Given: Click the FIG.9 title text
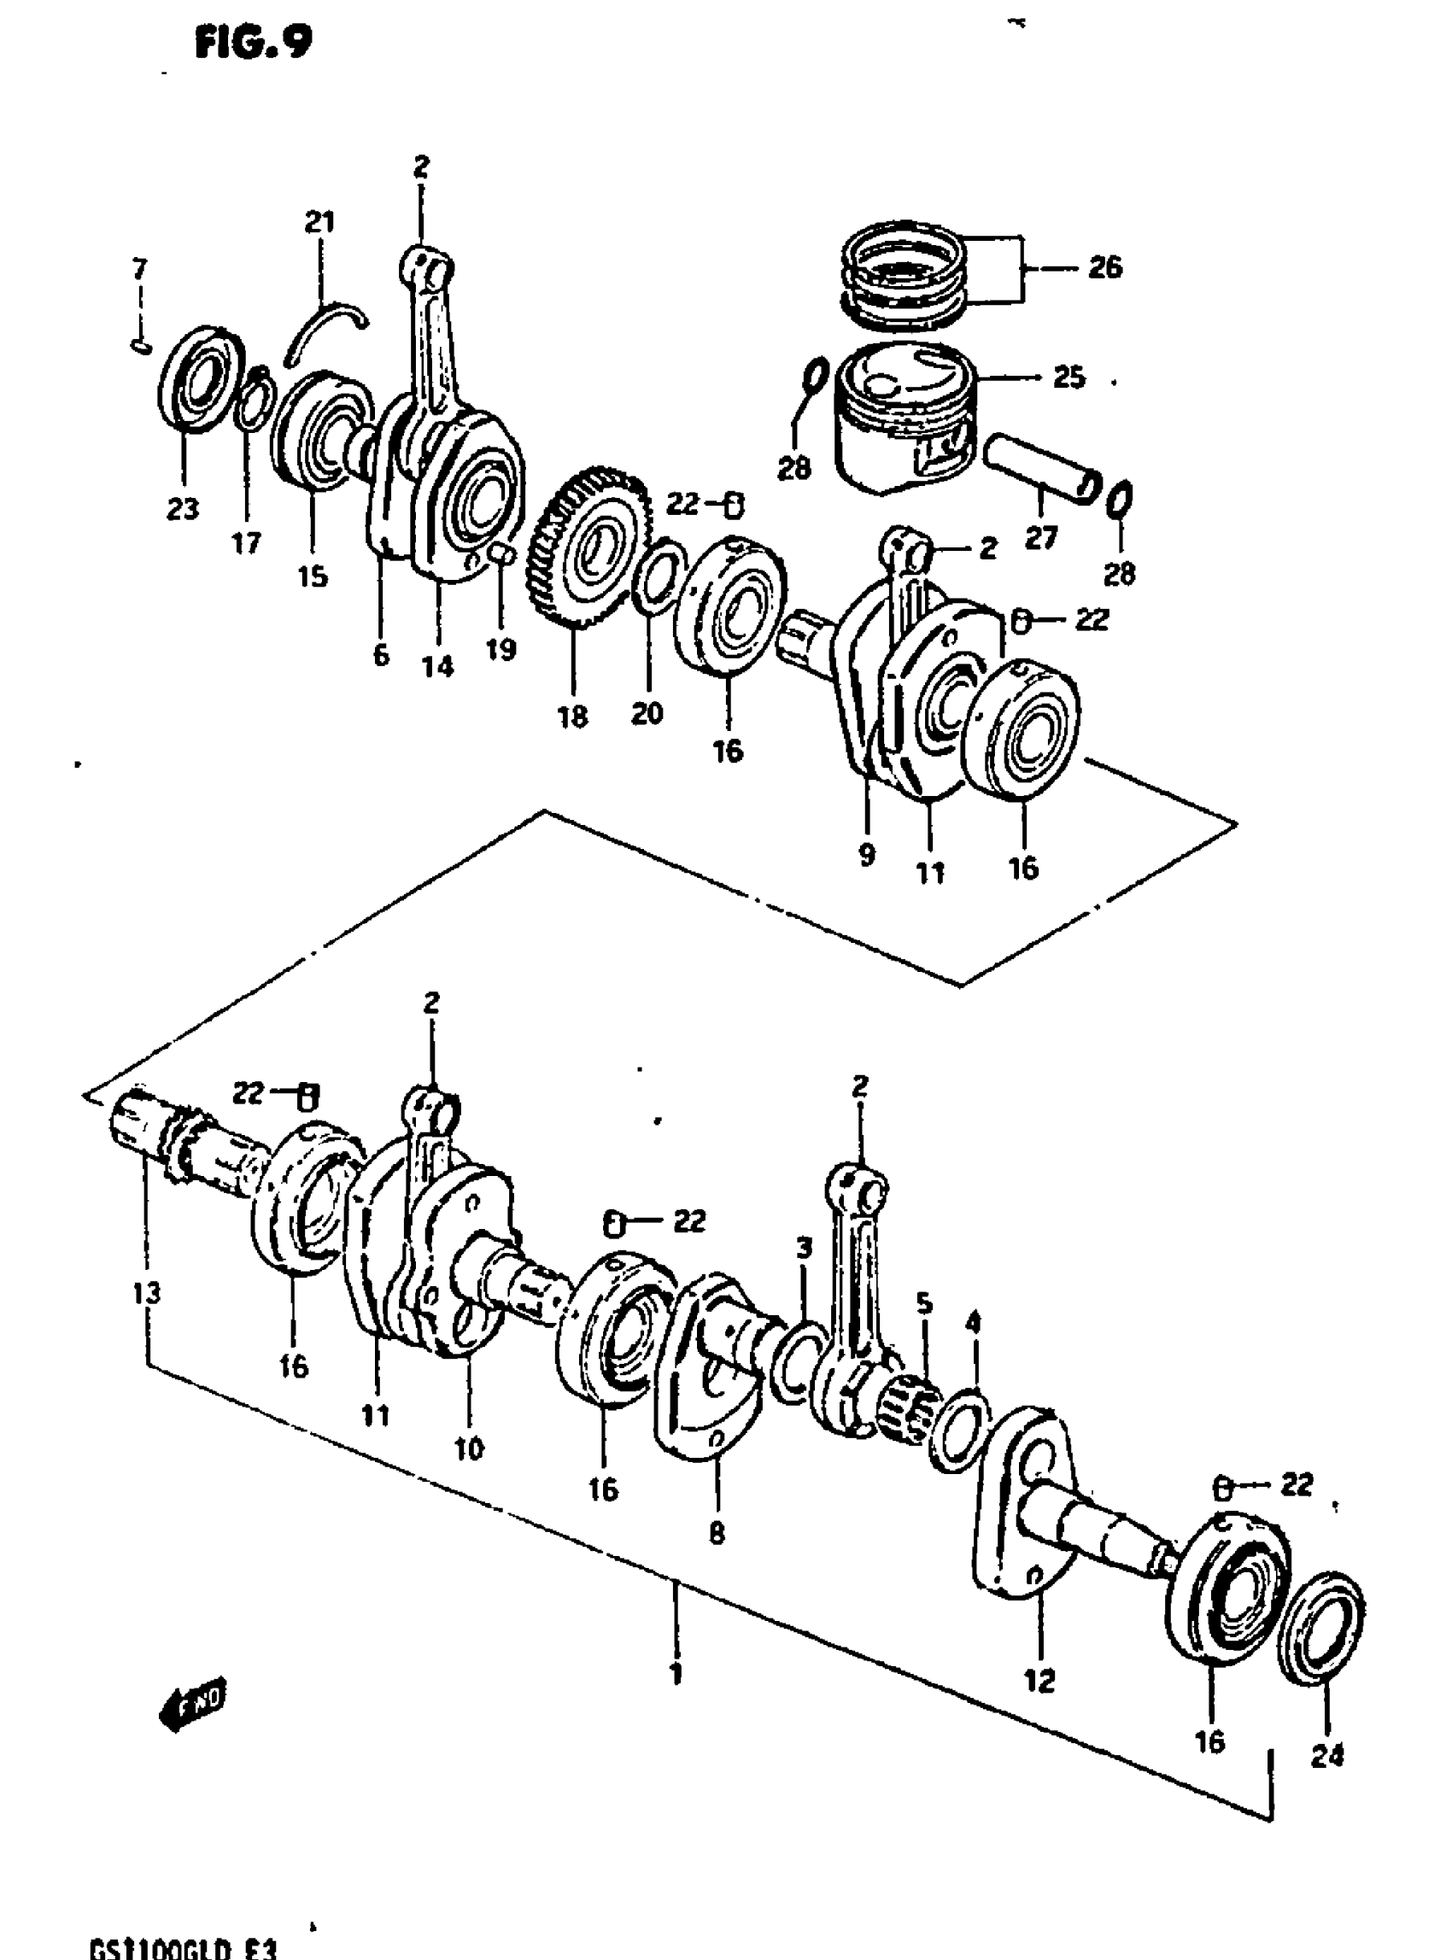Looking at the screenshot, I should pos(253,42).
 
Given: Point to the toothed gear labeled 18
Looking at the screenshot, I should pos(591,545).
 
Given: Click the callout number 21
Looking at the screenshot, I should pos(320,221).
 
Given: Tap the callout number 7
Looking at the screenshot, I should pos(140,268).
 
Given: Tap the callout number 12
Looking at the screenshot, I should pos(1039,1682).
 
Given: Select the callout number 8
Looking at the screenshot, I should pos(717,1534).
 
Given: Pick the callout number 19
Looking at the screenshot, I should pos(501,650).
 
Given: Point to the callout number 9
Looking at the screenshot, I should pos(867,854).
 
